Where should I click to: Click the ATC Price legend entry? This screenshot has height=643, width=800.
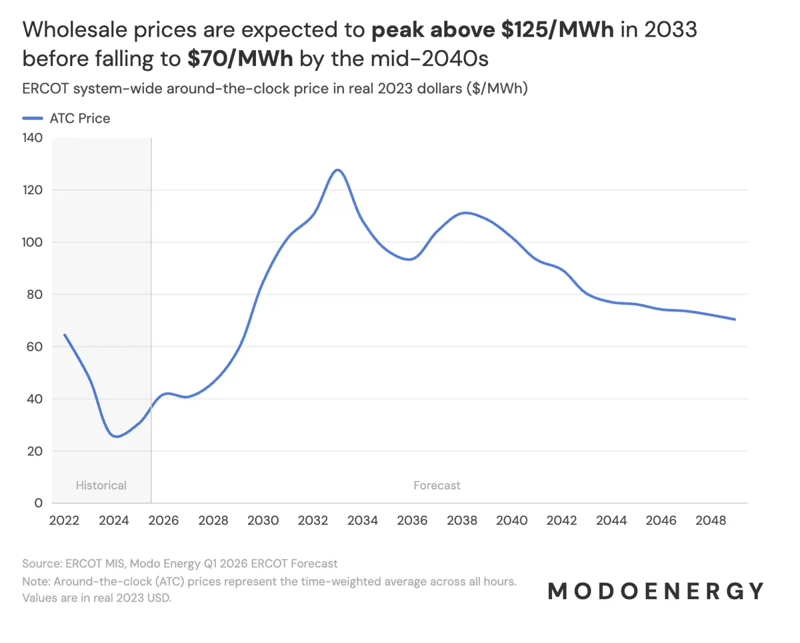point(67,119)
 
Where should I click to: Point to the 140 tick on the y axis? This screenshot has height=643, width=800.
point(33,138)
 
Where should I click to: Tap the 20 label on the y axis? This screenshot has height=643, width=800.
point(35,451)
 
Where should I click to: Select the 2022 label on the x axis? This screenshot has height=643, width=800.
point(64,520)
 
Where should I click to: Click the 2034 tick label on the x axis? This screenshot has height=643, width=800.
point(363,520)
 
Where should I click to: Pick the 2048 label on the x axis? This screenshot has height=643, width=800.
point(711,520)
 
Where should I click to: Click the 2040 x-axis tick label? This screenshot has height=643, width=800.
point(512,520)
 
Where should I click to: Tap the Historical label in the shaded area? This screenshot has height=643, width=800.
point(101,486)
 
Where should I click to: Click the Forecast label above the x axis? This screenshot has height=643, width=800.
point(437,486)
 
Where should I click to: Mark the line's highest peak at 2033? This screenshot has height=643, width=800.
point(338,169)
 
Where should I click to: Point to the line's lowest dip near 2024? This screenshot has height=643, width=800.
point(117,437)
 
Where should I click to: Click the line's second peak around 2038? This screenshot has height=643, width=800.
point(465,213)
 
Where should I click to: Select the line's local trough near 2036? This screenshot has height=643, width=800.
point(410,259)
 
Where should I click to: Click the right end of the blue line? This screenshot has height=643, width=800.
point(735,319)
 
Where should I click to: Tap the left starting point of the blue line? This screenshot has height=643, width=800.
point(64,334)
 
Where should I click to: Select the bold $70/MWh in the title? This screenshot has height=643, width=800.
point(240,59)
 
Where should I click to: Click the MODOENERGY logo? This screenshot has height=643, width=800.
point(656,591)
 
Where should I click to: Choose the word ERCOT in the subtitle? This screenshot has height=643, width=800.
point(42,89)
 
